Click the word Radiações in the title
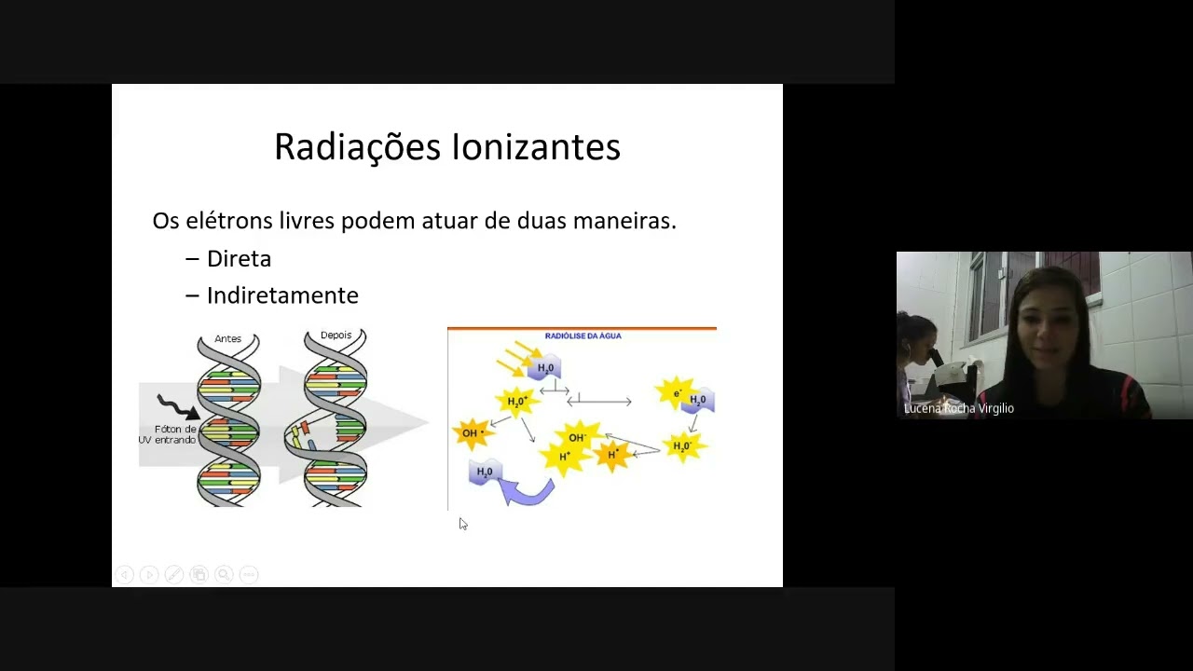(357, 147)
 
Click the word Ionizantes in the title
(536, 147)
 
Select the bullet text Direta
(239, 259)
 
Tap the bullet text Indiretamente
(282, 295)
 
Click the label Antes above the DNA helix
(227, 338)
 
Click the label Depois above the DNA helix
(336, 335)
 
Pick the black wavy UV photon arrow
(177, 406)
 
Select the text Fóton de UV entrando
(168, 434)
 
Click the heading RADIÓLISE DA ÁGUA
(583, 335)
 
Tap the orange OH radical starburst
(472, 433)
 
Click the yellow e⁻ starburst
(676, 393)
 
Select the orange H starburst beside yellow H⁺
(612, 455)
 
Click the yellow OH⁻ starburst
(577, 437)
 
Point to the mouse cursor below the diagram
(462, 524)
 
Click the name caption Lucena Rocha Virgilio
(958, 408)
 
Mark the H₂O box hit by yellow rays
(544, 369)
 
